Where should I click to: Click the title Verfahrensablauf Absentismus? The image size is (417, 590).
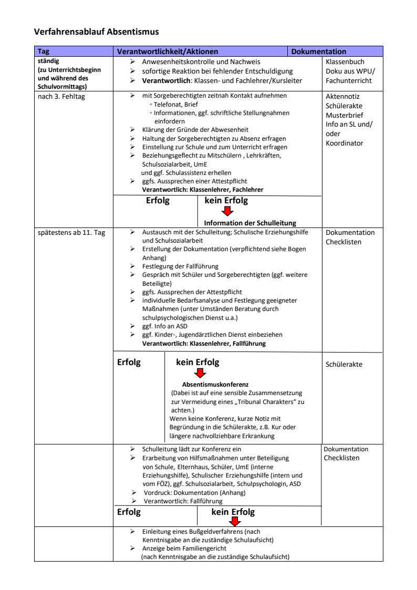96,32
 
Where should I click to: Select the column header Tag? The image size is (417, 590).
43,51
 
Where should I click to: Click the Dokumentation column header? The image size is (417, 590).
318,51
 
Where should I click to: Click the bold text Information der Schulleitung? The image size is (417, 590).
250,222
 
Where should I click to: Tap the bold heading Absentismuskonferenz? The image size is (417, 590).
215,384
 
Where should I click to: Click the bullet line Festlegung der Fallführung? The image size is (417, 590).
180,266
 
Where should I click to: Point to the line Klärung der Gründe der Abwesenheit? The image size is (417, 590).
195,129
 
